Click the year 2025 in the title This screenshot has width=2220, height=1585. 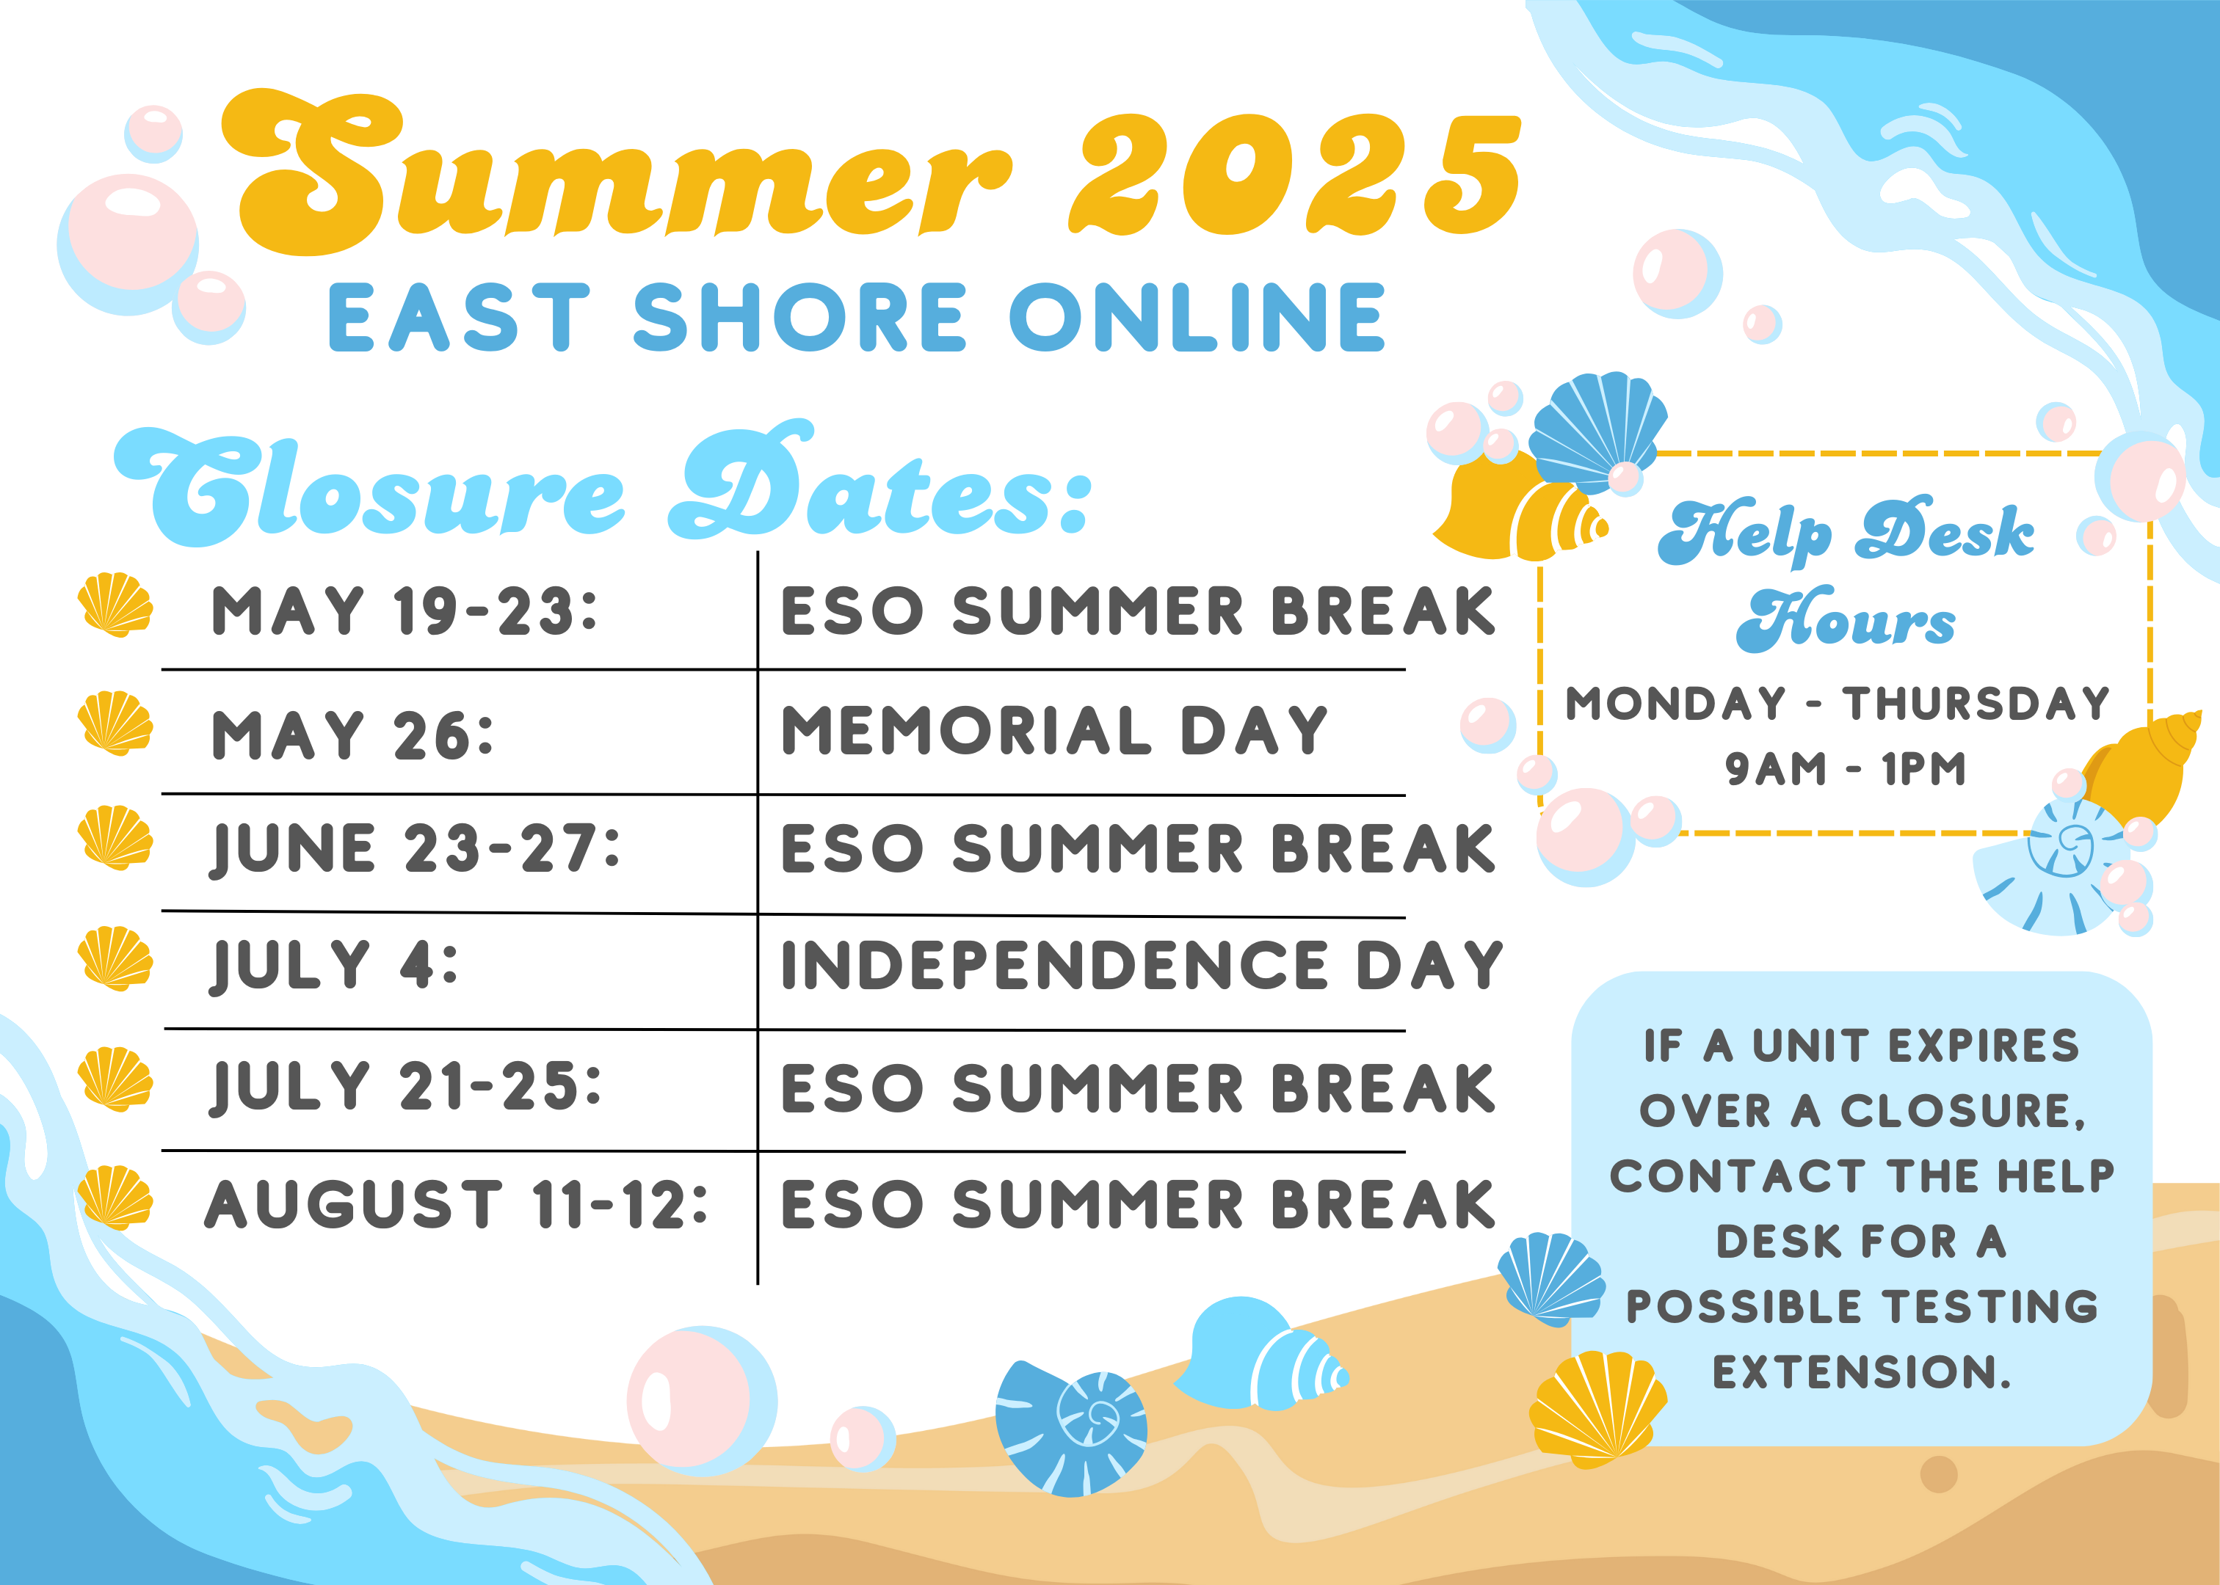pos(1294,175)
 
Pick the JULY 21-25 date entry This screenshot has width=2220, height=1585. pos(406,1086)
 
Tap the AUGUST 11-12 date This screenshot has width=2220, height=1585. pos(456,1204)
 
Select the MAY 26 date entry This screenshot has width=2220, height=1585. pos(352,734)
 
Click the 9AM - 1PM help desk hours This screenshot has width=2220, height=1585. pos(1844,769)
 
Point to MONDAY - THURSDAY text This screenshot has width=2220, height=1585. pos(1838,704)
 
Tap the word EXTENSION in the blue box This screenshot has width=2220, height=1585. pos(1861,1372)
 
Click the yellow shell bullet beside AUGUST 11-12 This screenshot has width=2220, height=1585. pos(115,1198)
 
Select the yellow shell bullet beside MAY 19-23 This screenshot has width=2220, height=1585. pos(115,605)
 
